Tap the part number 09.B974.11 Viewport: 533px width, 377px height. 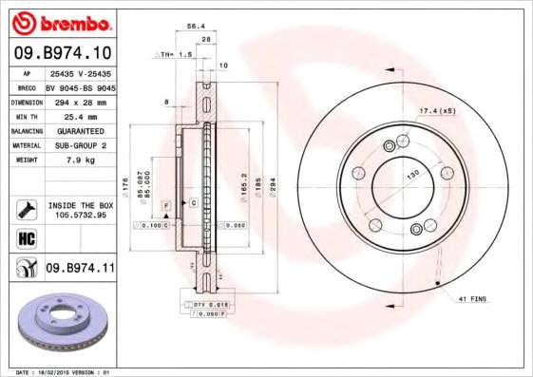pyautogui.click(x=80, y=270)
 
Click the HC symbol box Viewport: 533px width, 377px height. pyautogui.click(x=27, y=238)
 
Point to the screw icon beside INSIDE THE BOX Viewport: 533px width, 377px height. pyautogui.click(x=27, y=208)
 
